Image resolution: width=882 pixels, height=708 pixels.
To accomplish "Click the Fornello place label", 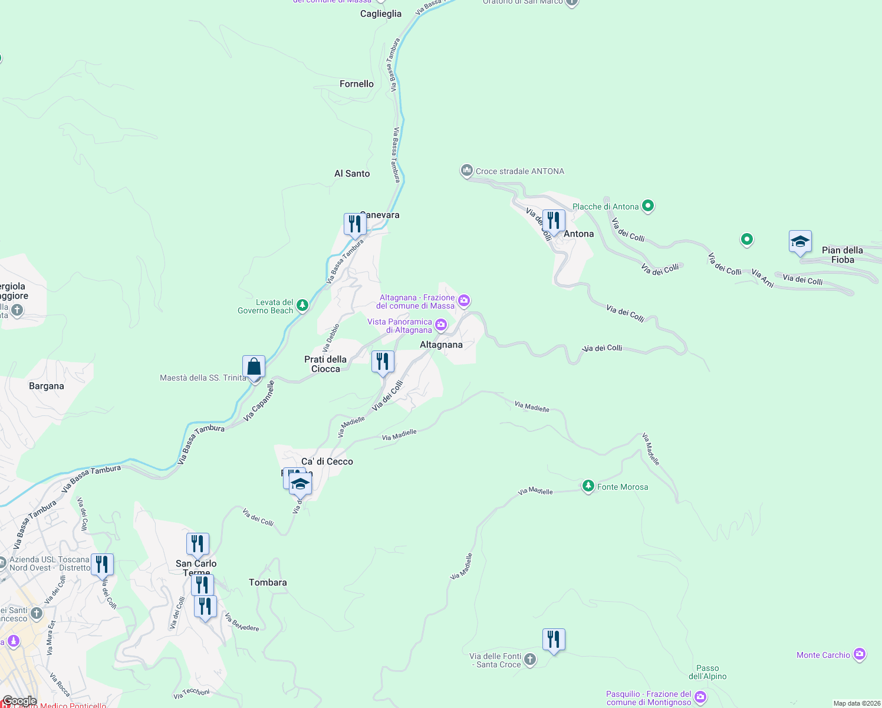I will tap(357, 84).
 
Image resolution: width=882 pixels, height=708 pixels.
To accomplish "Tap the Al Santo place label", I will tap(352, 173).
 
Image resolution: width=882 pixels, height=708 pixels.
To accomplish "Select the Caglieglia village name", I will tap(381, 14).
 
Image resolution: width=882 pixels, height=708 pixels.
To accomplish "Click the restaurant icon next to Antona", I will tap(554, 221).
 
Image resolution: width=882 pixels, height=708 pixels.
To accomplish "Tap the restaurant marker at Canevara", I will tap(355, 224).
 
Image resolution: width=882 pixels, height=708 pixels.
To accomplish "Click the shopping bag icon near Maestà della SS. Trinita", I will tap(254, 366).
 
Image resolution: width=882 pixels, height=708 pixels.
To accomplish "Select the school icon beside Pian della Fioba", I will tap(800, 241).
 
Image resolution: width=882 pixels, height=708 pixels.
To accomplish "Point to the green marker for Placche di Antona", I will tap(648, 206).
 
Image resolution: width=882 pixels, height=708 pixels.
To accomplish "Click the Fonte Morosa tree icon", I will tap(588, 486).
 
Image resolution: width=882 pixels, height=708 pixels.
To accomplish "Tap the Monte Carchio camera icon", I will tap(860, 654).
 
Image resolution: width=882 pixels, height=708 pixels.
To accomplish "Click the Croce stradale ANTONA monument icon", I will tap(467, 171).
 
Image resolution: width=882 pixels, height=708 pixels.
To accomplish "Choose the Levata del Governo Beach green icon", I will tap(302, 305).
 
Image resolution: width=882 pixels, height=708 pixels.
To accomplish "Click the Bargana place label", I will tap(47, 386).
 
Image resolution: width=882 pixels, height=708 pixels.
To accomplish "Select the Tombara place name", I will tap(268, 582).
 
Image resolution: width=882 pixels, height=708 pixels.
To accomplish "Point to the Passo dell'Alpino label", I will tap(707, 673).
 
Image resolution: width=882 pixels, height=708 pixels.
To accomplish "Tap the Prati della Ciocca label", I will tap(325, 364).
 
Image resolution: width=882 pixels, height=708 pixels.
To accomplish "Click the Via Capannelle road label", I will tap(259, 401).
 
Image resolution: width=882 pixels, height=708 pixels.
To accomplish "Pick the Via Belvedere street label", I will tap(242, 622).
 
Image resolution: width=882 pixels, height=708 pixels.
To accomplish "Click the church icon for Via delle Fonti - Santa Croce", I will tap(530, 660).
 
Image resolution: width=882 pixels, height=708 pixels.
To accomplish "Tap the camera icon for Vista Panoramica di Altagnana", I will tap(441, 325).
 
